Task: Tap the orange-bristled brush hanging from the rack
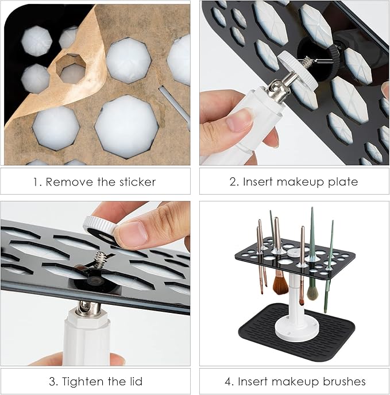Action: pos(281,285)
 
